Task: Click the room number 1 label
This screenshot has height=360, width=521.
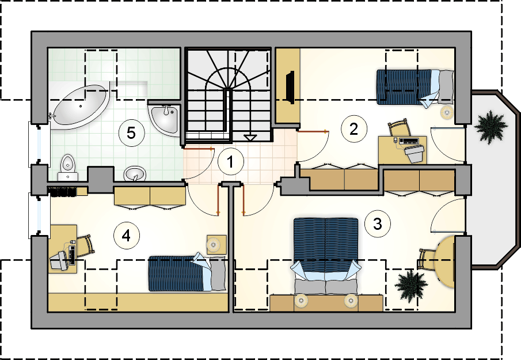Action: pyautogui.click(x=231, y=162)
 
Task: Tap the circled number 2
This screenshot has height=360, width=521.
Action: pyautogui.click(x=354, y=129)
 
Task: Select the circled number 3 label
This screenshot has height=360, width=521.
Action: pyautogui.click(x=378, y=223)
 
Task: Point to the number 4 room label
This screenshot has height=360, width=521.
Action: pyautogui.click(x=127, y=236)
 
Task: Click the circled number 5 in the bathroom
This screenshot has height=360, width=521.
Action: pyautogui.click(x=132, y=133)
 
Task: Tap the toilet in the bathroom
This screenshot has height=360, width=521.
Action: pyautogui.click(x=68, y=167)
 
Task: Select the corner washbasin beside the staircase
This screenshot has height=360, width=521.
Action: pyautogui.click(x=165, y=118)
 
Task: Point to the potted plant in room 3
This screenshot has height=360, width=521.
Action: pyautogui.click(x=410, y=286)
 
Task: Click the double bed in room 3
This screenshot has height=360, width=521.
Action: pyautogui.click(x=326, y=256)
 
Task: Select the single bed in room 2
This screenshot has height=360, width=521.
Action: pyautogui.click(x=415, y=88)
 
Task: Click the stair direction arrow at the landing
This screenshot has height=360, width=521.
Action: pyautogui.click(x=249, y=138)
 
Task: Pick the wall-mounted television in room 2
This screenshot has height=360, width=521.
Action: pyautogui.click(x=290, y=86)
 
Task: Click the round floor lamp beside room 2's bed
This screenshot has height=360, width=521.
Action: pyautogui.click(x=447, y=112)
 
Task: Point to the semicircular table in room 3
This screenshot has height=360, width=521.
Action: pyautogui.click(x=444, y=262)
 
